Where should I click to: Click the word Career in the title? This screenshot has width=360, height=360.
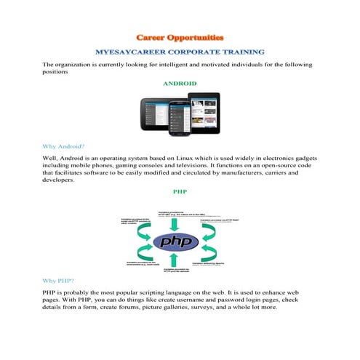click(x=154, y=36)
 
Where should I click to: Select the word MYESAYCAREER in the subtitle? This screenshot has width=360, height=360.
click(x=135, y=52)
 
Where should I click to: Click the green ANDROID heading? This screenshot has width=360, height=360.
click(x=180, y=84)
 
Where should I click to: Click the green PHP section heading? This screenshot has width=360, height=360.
click(x=180, y=193)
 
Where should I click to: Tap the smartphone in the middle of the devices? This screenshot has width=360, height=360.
click(x=180, y=118)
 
